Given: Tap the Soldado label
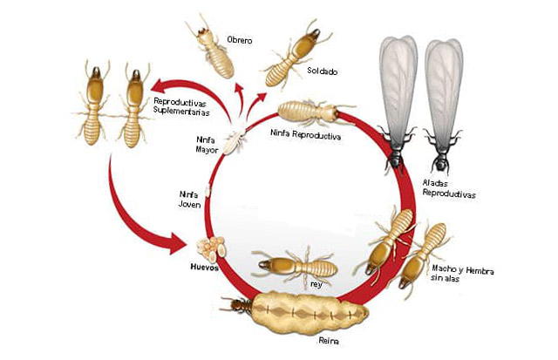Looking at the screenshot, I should coord(322,71).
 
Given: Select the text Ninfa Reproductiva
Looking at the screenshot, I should coord(304,137).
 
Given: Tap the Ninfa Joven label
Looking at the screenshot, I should coord(189,199).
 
